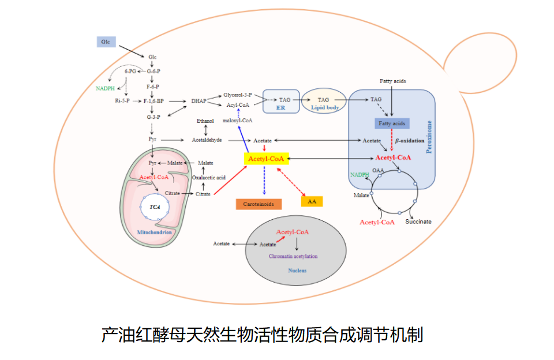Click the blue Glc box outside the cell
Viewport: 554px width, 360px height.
point(106,42)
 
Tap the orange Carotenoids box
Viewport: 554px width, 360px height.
point(259,204)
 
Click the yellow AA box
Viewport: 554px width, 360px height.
point(312,201)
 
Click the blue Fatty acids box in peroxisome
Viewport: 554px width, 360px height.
point(392,123)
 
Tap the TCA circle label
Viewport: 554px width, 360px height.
point(155,206)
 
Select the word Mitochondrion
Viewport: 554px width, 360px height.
point(154,232)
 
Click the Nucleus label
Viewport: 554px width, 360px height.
point(297,270)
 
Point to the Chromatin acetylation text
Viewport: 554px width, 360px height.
point(293,256)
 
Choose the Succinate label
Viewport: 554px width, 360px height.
point(418,222)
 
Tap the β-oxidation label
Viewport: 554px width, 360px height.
point(410,140)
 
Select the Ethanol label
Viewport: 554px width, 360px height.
point(205,121)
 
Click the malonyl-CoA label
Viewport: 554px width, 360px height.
point(237,121)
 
